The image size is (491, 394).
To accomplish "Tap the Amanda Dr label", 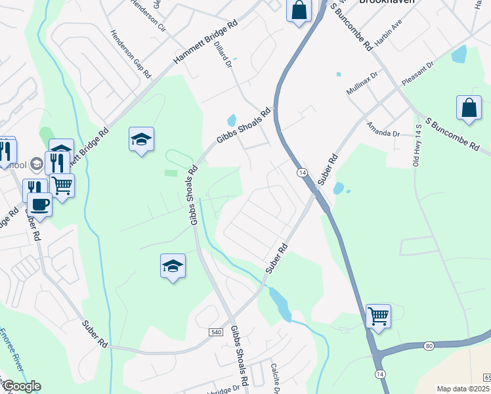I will click(383, 129).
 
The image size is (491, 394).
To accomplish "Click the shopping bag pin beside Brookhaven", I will click(299, 10).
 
